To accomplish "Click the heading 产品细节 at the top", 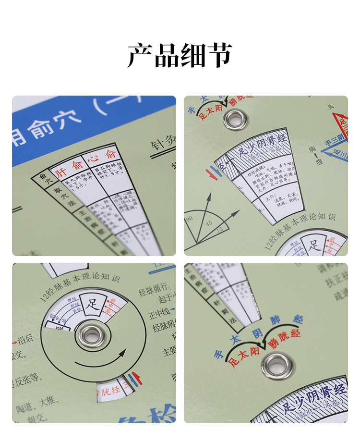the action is [x=180, y=55].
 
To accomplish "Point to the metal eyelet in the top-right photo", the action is [x=235, y=118].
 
